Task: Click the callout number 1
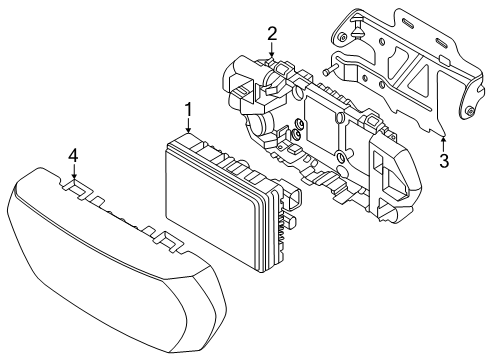pos(189,110)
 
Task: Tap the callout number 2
pos(272,34)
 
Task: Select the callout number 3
pos(444,161)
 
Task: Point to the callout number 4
pos(73,156)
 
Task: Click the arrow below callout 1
pos(189,126)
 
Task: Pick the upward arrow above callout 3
pos(443,144)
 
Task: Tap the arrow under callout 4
pos(74,172)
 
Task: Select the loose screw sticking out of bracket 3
pos(328,71)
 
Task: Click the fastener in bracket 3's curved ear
pos(470,111)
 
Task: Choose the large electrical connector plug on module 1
pos(293,199)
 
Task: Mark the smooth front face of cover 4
pos(100,267)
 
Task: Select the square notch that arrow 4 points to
pos(75,186)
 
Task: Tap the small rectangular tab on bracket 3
pos(445,60)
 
